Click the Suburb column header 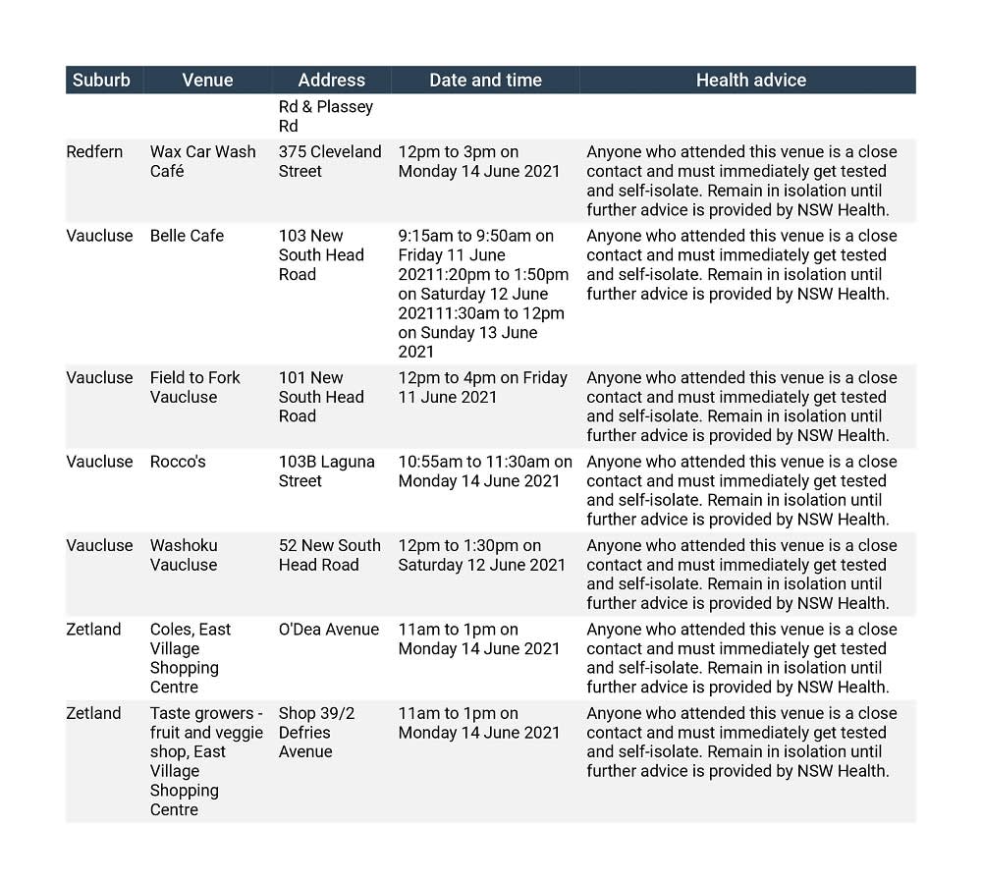[101, 81]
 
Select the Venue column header [207, 81]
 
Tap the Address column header [331, 81]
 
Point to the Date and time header [485, 81]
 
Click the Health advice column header [750, 81]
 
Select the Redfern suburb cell [95, 152]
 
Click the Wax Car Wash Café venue [202, 161]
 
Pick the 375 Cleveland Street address [329, 161]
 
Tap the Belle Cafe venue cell [187, 236]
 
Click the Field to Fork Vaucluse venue [195, 387]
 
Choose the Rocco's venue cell [178, 462]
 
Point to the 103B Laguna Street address [326, 471]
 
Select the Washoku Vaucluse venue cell [184, 555]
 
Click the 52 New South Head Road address [329, 555]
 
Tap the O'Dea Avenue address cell [328, 630]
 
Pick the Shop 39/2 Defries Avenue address [316, 733]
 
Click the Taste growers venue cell [205, 761]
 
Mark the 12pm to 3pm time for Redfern [478, 161]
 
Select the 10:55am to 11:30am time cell [485, 471]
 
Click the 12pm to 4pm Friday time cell [482, 387]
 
